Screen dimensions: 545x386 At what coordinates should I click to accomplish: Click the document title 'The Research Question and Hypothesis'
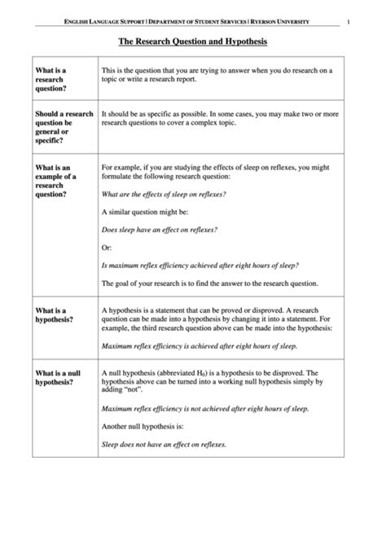click(x=193, y=40)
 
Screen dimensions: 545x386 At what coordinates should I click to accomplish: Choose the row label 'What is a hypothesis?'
click(x=54, y=314)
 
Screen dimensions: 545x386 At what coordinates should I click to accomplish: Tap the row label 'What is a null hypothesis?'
click(x=57, y=377)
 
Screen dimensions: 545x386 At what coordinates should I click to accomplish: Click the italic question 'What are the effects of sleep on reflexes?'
click(x=163, y=195)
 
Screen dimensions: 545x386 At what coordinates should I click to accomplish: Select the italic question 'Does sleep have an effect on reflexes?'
click(x=159, y=230)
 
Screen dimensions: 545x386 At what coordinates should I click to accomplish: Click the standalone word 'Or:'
click(x=107, y=248)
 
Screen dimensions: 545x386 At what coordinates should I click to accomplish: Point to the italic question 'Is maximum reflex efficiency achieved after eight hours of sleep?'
click(x=200, y=266)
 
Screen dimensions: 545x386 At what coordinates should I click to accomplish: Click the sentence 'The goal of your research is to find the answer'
click(x=209, y=283)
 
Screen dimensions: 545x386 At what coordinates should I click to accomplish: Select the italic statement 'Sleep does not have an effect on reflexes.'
click(x=164, y=444)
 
